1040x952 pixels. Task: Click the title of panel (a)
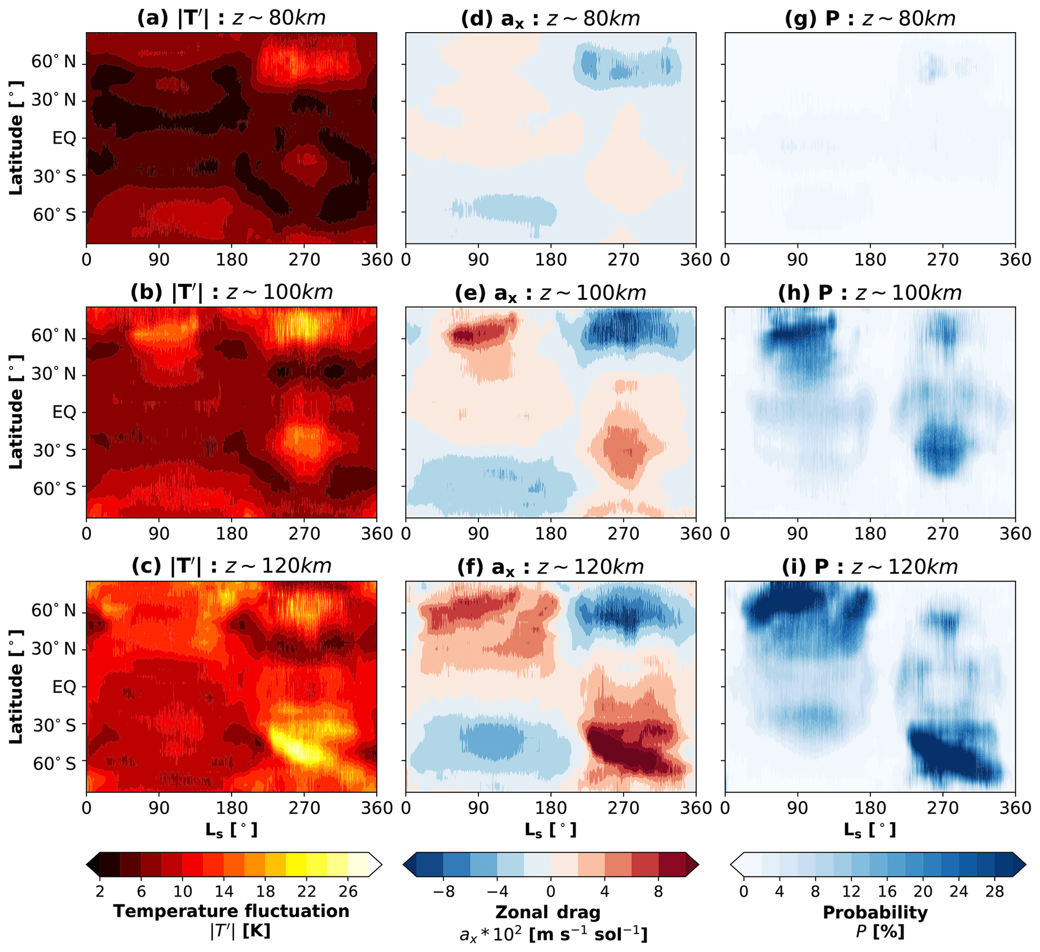click(231, 18)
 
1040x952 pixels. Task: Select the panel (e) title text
click(550, 293)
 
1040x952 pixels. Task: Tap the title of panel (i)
click(870, 567)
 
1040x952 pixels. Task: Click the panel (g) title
click(870, 18)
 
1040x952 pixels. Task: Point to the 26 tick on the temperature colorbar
click(348, 891)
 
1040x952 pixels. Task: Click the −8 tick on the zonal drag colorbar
click(443, 891)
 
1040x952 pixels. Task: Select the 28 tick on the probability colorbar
click(994, 891)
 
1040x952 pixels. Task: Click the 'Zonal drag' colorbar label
click(548, 912)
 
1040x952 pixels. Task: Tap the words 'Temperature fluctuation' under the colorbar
click(231, 911)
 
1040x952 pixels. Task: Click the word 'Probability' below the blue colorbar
click(875, 912)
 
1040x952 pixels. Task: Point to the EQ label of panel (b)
click(64, 412)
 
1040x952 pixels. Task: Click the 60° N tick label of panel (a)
click(53, 62)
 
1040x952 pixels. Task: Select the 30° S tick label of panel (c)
click(54, 725)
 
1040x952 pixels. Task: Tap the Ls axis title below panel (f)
click(550, 830)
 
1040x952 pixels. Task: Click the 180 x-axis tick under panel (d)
click(551, 259)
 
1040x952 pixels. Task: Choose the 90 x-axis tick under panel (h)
click(797, 534)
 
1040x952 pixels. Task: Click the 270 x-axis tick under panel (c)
click(304, 808)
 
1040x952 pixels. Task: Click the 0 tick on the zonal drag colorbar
click(551, 891)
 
